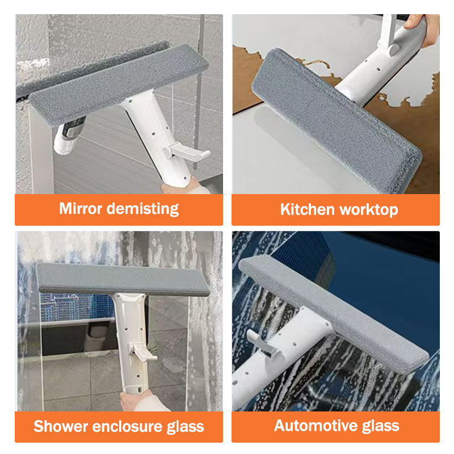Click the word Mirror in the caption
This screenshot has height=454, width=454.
(81, 208)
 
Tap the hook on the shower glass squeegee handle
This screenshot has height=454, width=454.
(143, 352)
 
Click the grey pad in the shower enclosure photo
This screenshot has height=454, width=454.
(122, 280)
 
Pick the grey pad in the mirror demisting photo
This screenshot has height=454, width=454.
(113, 85)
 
